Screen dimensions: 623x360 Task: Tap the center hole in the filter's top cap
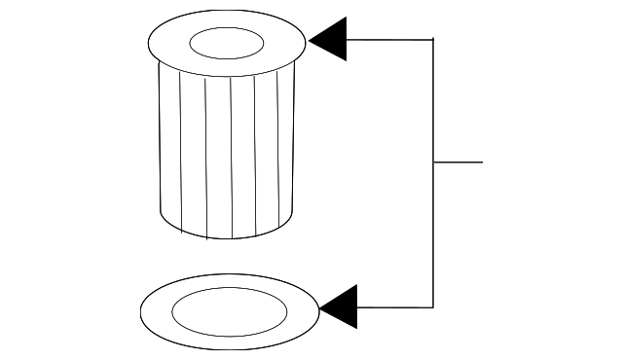226,43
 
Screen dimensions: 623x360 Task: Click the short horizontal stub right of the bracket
458,162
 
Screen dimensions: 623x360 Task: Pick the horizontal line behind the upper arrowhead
389,40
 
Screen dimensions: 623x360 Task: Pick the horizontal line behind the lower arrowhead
395,307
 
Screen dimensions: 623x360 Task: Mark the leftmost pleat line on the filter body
181,156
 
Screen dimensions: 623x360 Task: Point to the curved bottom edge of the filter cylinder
226,236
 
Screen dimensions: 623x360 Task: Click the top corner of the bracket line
433,40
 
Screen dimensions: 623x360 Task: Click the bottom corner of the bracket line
433,307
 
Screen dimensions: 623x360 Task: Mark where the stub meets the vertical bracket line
433,162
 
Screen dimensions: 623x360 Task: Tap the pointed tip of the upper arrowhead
310,40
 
